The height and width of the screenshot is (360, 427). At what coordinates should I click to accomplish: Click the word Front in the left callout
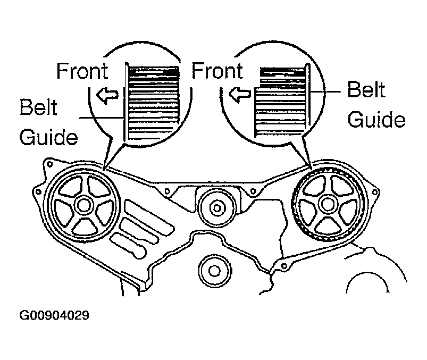coord(82,71)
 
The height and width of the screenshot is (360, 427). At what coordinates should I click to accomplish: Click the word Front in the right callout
coord(217,71)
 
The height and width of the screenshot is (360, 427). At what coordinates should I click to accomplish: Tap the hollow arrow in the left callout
coord(107,95)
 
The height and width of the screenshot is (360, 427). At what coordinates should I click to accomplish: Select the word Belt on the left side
coord(38,107)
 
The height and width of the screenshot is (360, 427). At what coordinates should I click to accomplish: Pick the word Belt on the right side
coord(366,89)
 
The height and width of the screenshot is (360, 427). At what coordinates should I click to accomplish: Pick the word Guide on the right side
coord(376,119)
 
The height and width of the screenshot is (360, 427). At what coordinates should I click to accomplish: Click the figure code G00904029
coord(54,315)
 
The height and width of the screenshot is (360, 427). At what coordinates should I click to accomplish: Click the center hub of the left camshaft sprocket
coord(83,205)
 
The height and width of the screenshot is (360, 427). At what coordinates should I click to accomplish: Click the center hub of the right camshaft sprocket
coord(328,204)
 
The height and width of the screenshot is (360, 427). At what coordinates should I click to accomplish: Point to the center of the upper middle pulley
coord(217,208)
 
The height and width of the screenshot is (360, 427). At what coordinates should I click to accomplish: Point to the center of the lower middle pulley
coord(215,271)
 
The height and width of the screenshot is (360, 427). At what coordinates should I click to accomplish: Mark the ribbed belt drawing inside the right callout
coord(282,100)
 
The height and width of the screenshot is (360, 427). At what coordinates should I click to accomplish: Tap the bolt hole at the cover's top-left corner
coord(50,164)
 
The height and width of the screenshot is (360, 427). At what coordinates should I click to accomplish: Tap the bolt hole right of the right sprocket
coord(375,192)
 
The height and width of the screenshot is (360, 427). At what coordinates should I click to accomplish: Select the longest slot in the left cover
coord(149,216)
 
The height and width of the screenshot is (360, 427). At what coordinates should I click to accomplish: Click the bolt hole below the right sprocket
coord(284,266)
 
